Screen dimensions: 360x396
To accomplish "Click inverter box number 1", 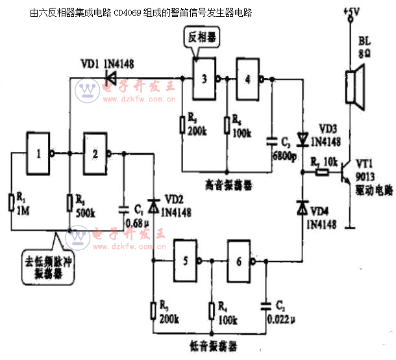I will coord(39,153).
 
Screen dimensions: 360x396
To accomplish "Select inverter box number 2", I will coord(95,153).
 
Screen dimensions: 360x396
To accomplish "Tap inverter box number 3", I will coord(204,79).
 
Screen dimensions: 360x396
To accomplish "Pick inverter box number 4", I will coord(249,79).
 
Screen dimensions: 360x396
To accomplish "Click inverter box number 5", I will coord(186,261).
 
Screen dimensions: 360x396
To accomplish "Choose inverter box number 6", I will coord(239,261).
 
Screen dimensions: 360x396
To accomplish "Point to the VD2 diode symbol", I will coord(154,206).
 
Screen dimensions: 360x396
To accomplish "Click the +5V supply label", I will coord(351,12).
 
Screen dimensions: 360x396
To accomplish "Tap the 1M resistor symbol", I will coord(11,202).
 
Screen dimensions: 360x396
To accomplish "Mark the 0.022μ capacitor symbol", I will coord(266,303).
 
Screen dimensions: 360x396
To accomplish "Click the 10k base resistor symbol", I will coord(320,173).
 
